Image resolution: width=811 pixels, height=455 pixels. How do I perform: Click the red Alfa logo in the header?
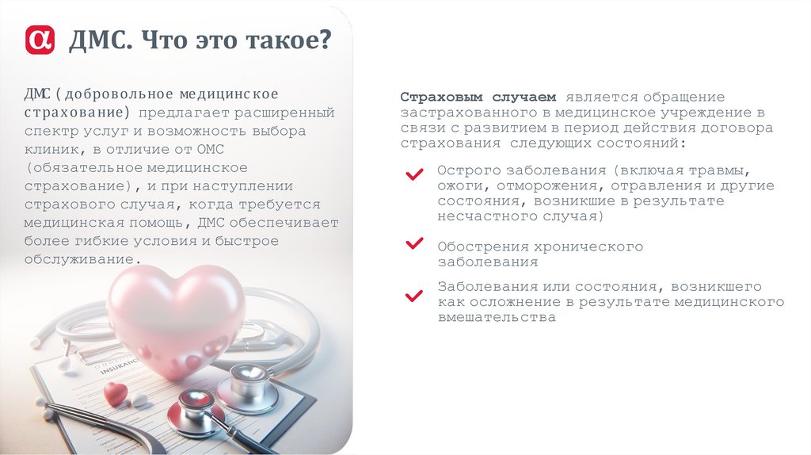(x=40, y=39)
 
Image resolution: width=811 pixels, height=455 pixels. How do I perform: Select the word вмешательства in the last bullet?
(x=497, y=317)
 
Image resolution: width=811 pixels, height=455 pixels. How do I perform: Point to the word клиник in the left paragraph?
(x=48, y=150)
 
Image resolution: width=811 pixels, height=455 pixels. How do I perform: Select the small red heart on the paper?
(x=116, y=392)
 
